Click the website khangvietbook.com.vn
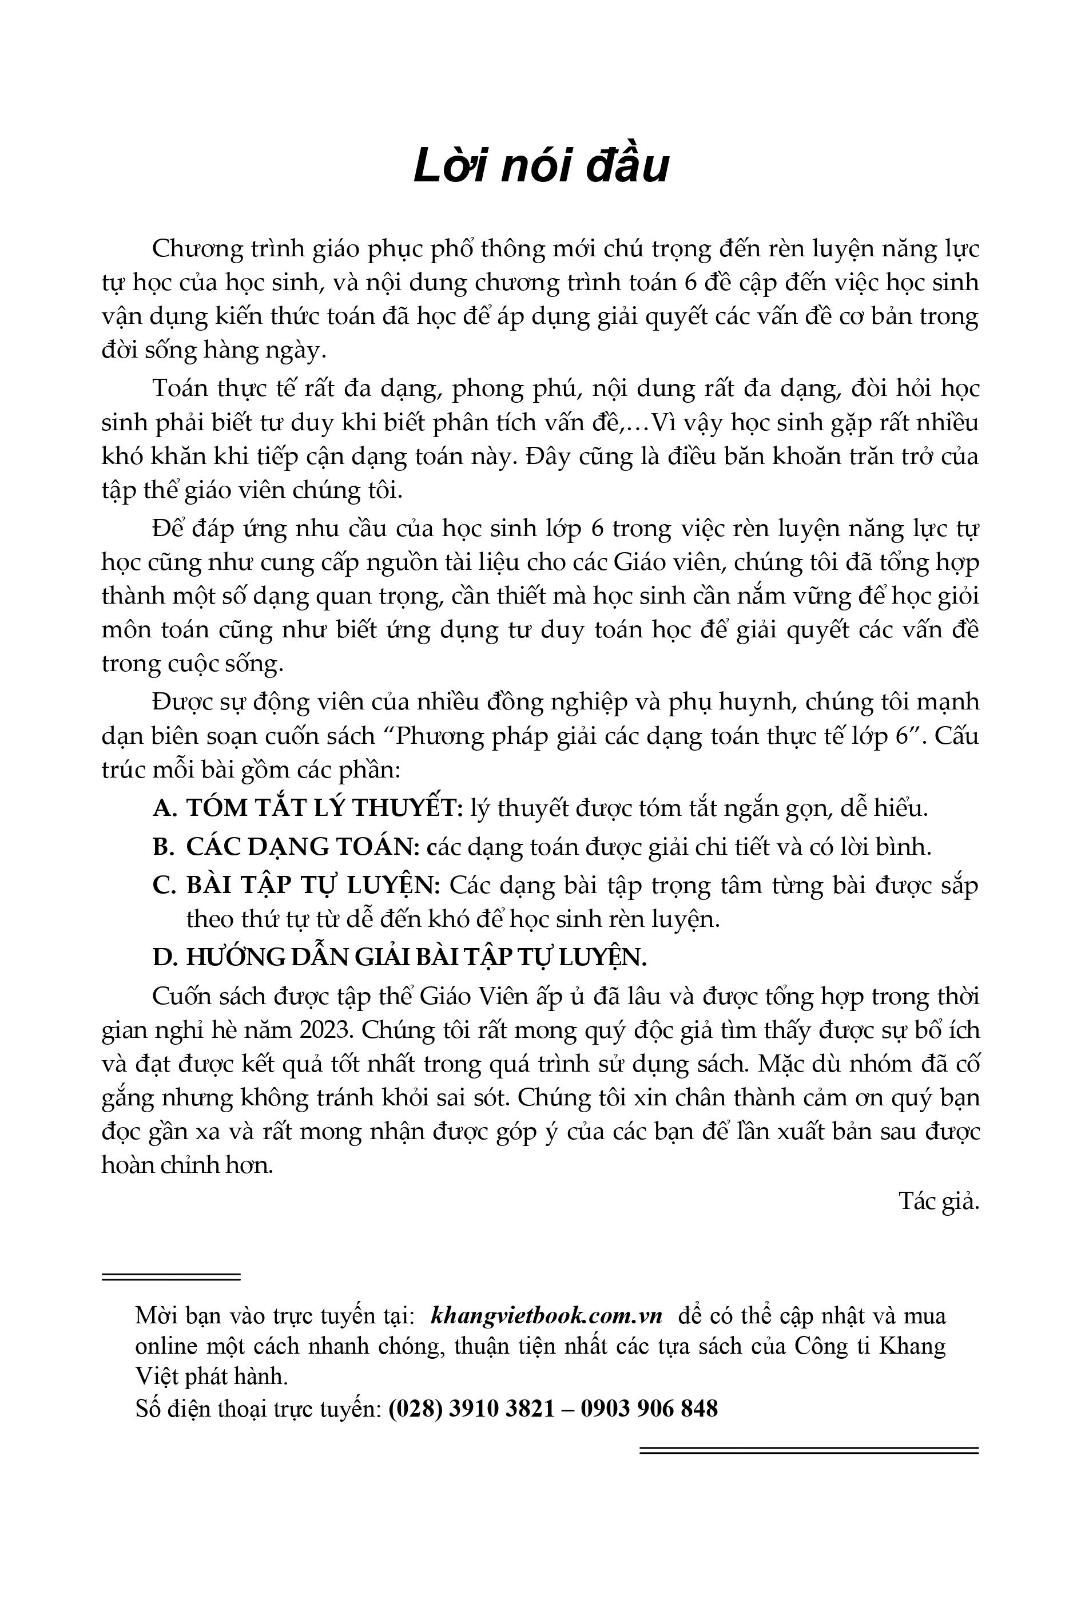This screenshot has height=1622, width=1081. pos(546,1315)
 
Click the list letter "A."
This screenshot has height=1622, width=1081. pos(165,808)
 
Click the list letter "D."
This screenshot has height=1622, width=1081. pos(165,957)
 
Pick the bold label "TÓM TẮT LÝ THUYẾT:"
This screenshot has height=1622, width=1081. pos(325,808)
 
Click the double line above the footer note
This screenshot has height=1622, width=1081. pos(171,1276)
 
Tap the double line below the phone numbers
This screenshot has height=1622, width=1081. pos(809,1450)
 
